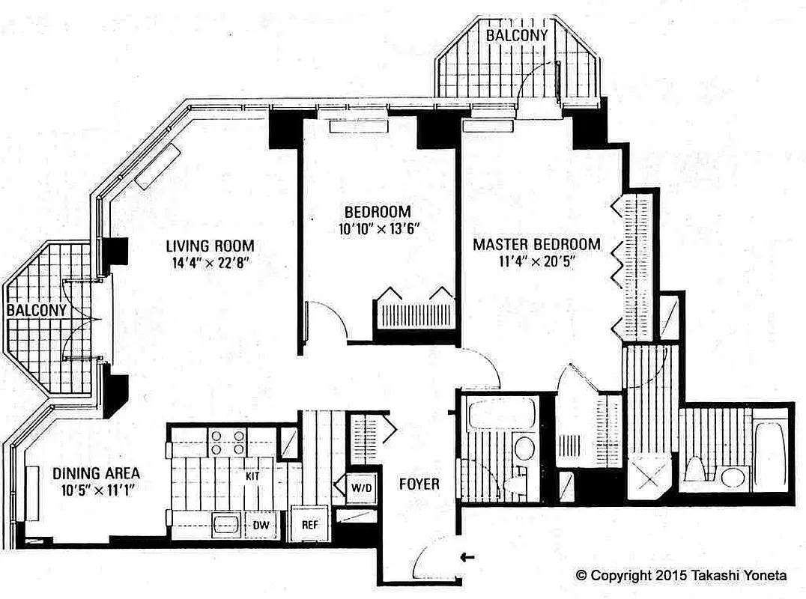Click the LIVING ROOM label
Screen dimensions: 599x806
pyautogui.click(x=210, y=246)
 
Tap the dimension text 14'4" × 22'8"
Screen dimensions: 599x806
pyautogui.click(x=210, y=263)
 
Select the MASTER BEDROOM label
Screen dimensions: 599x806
pyautogui.click(x=536, y=244)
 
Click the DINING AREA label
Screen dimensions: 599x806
pyautogui.click(x=96, y=473)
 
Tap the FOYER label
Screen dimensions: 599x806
pyautogui.click(x=418, y=484)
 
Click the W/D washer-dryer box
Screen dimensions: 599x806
pyautogui.click(x=360, y=487)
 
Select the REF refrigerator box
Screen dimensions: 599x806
pyautogui.click(x=310, y=524)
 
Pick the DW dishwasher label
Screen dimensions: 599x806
pyautogui.click(x=261, y=525)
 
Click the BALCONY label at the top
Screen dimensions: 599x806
pyautogui.click(x=516, y=35)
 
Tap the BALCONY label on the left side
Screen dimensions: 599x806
pyautogui.click(x=37, y=309)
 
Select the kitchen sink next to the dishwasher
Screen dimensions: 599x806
pyautogui.click(x=225, y=524)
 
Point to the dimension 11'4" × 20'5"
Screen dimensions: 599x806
pyautogui.click(x=536, y=262)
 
